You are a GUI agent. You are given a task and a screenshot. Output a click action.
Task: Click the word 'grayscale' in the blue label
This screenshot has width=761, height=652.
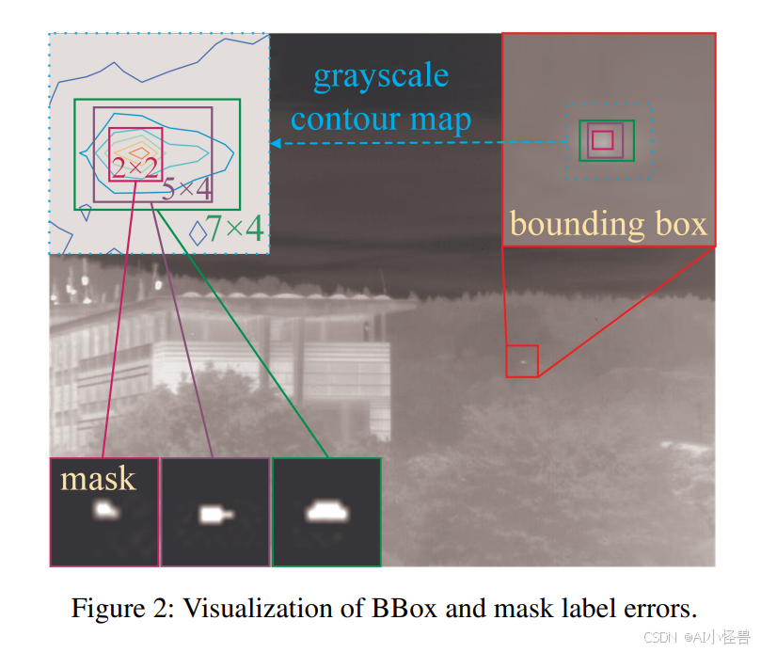[x=381, y=77]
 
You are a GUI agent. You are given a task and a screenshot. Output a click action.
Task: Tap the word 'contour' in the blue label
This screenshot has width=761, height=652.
[x=346, y=119]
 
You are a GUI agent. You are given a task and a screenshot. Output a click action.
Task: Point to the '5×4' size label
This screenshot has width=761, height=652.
[x=185, y=189]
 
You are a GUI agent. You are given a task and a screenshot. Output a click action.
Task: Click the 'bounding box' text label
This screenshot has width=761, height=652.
[x=608, y=224]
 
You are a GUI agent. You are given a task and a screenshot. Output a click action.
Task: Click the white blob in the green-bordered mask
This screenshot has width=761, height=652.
[x=325, y=512]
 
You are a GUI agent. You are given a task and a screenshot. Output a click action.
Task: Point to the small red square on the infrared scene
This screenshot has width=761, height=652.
[x=522, y=361]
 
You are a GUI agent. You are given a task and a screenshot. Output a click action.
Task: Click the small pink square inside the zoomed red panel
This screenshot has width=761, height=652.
[x=602, y=140]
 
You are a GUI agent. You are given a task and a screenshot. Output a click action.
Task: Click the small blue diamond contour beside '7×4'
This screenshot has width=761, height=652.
[x=198, y=231]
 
